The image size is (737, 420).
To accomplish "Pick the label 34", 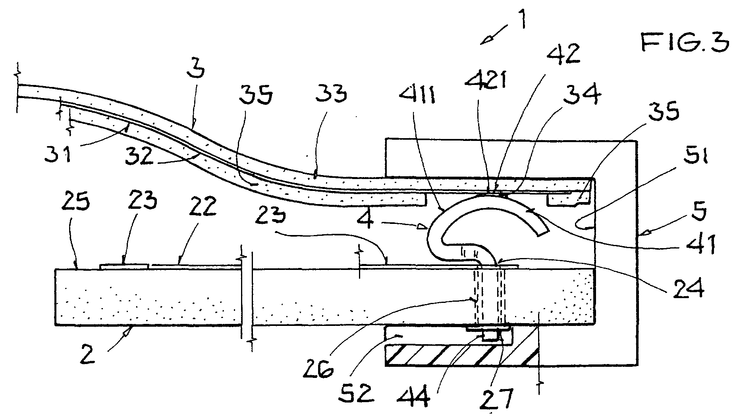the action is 586,96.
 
